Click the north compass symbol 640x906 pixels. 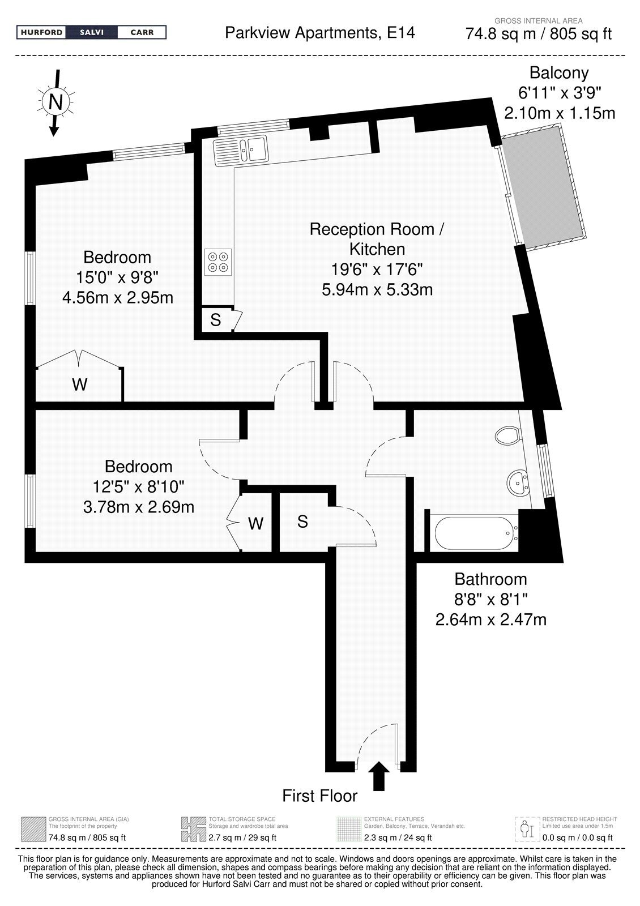(56, 102)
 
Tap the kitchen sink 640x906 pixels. (241, 151)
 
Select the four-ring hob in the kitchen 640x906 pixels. (217, 262)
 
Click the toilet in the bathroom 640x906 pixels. (507, 435)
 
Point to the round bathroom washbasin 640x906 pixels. (518, 482)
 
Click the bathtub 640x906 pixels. (476, 533)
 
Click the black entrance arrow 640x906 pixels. (379, 776)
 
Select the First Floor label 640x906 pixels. (319, 796)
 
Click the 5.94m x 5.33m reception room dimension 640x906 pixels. (377, 289)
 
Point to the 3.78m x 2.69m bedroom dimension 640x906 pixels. (139, 507)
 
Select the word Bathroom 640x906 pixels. (490, 579)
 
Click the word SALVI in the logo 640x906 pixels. (92, 32)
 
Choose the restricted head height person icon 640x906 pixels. (527, 829)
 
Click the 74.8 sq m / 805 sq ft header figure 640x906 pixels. (538, 34)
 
